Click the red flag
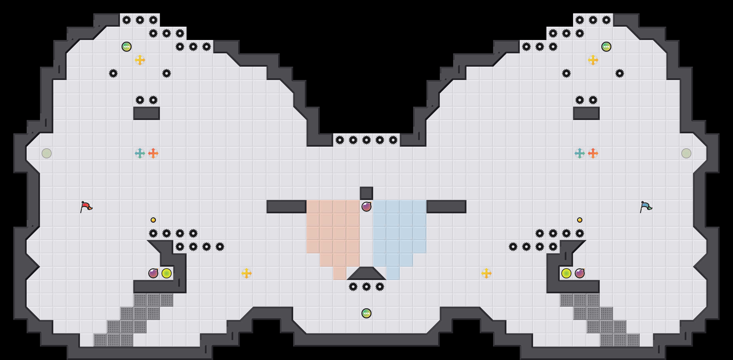tap(86, 207)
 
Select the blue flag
tap(645, 207)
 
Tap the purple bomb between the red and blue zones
tap(366, 207)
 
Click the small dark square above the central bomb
tap(366, 193)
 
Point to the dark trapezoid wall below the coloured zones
tap(366, 274)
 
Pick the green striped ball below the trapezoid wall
tap(366, 313)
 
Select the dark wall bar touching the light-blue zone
tap(446, 207)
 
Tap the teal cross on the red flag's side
tap(140, 153)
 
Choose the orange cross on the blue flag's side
tap(593, 153)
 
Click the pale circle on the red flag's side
tap(47, 153)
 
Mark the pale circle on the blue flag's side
tap(686, 153)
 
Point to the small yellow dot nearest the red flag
tap(153, 220)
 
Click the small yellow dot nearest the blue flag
tap(580, 220)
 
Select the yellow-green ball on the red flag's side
tap(167, 273)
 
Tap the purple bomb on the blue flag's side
tap(580, 273)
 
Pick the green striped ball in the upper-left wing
tap(127, 47)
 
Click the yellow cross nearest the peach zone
tap(247, 273)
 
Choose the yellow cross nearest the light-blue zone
tap(486, 273)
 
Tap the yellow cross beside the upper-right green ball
tap(593, 60)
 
